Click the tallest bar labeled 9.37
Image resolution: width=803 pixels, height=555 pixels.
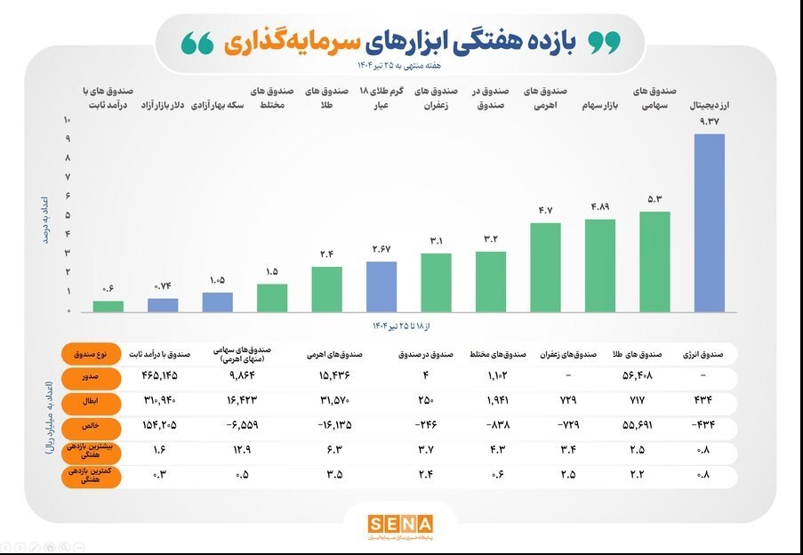click(709, 222)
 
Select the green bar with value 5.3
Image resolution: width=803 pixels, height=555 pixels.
click(654, 261)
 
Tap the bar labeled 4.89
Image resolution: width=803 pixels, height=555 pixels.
click(600, 265)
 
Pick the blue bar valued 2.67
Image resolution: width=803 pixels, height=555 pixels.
click(381, 286)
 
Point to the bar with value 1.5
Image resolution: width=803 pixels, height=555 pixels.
click(272, 298)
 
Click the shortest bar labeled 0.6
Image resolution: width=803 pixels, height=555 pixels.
click(108, 306)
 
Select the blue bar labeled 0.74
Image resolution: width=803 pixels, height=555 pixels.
click(163, 305)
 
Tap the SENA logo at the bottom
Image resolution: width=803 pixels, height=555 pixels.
click(400, 523)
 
